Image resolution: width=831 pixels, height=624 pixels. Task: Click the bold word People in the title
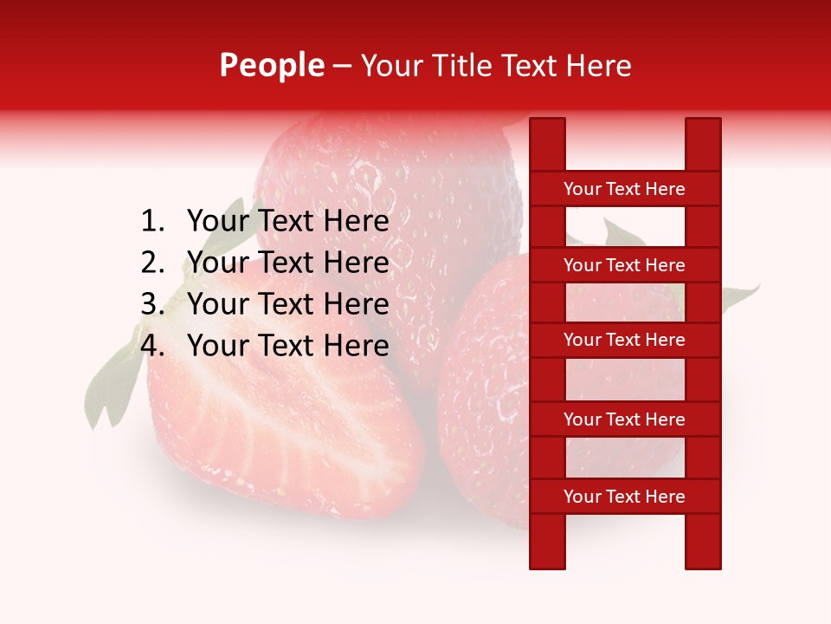point(271,66)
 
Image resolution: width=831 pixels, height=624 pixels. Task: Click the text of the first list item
point(287,222)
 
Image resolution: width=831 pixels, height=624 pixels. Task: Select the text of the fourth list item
point(287,346)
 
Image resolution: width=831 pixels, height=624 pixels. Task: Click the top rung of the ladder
point(624,189)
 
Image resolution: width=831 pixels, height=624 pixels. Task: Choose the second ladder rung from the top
point(624,265)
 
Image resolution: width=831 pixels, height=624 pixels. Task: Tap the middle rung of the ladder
point(624,341)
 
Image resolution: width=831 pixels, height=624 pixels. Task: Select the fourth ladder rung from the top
point(624,419)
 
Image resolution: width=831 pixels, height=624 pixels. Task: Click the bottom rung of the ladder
point(624,497)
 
